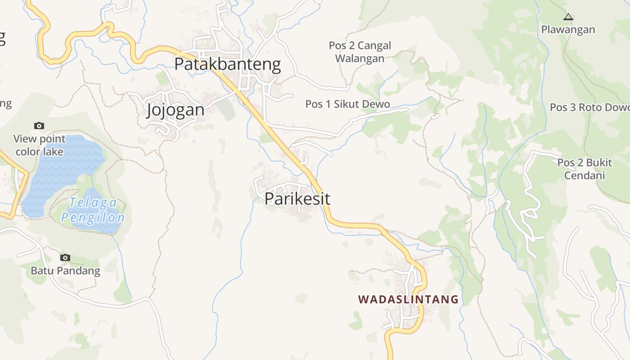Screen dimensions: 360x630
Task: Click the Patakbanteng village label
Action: [227, 64]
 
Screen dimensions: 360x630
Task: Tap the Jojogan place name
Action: [175, 110]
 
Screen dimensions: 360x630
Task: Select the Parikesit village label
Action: [297, 198]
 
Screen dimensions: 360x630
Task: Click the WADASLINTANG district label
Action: [408, 299]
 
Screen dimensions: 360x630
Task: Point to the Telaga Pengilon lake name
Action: [93, 210]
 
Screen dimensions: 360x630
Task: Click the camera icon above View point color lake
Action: [39, 126]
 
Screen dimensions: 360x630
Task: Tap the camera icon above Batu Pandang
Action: [65, 257]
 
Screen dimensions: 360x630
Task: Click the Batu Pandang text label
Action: [65, 270]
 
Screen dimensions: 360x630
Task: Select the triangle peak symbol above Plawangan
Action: [568, 17]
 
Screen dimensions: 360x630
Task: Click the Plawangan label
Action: [568, 30]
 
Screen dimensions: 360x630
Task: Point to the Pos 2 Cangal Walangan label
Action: [360, 52]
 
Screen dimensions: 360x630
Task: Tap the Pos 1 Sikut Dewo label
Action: [347, 104]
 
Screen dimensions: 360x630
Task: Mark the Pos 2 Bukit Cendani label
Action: [585, 169]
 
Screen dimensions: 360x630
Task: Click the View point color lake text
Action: [40, 145]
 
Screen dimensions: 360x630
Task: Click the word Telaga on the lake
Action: [93, 202]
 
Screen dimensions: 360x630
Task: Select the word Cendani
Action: [585, 175]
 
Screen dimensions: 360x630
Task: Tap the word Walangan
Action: [360, 58]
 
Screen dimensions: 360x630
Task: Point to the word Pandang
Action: [80, 270]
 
